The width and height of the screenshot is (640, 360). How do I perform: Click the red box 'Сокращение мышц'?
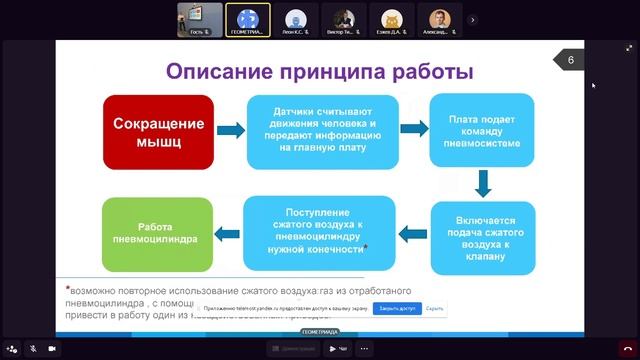point(158,131)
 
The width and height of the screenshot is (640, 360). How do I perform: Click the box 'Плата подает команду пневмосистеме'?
point(483,129)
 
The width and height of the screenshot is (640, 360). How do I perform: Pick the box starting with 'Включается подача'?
point(483,238)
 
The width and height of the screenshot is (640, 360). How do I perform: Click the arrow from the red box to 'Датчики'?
point(230,131)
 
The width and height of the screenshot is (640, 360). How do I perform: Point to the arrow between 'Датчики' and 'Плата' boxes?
point(413,129)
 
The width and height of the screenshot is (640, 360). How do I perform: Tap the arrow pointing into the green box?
point(229,235)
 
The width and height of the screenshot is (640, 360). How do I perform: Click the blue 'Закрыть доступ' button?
point(398,309)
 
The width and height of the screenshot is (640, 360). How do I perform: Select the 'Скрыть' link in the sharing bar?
point(434,309)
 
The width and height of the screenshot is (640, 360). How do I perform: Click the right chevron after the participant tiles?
point(473,18)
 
